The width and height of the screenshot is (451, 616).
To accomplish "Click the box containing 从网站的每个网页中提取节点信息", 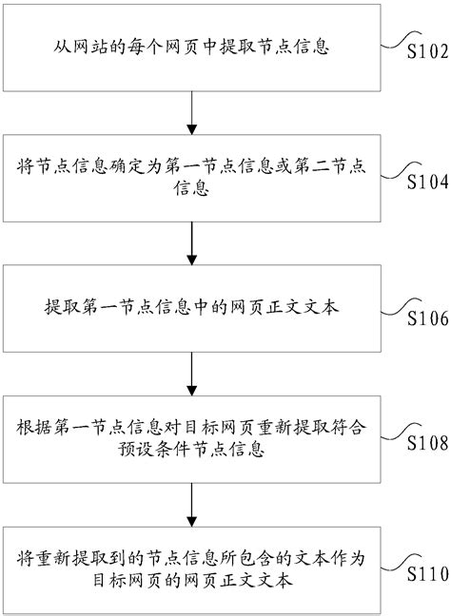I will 193,46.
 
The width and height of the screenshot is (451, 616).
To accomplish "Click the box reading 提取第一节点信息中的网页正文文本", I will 193,308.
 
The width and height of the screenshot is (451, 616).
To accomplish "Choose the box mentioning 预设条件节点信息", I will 193,436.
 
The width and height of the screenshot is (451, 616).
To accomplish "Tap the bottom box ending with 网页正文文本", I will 193,567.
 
